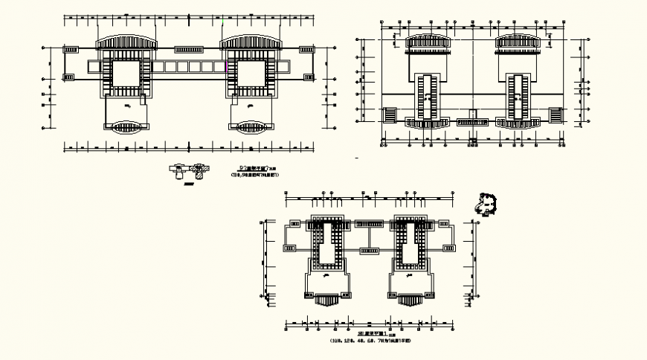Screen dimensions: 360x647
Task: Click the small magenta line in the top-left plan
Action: (225, 67)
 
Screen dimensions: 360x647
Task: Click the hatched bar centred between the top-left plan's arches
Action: (189, 49)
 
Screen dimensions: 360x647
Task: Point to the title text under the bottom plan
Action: (370, 337)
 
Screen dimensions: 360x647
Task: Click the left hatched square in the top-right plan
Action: (390, 115)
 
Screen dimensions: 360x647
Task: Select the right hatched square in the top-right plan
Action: (555, 115)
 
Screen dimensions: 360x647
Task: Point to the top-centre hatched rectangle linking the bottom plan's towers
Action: (367, 222)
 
